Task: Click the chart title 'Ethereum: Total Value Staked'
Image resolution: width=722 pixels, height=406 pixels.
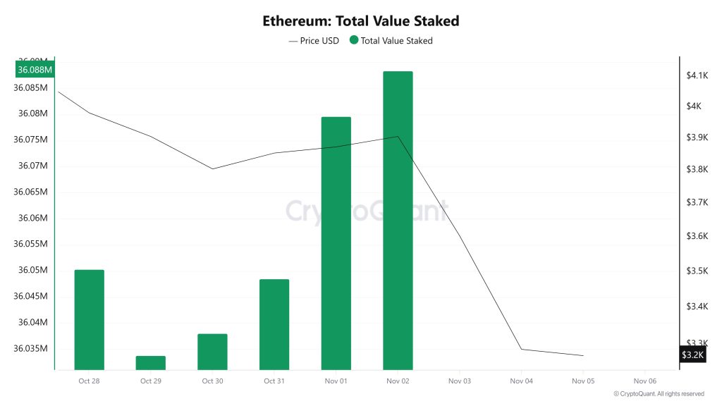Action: tap(360, 20)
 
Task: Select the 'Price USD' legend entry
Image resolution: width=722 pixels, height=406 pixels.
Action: tap(314, 41)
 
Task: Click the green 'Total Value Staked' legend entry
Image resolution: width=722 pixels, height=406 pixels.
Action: tap(391, 41)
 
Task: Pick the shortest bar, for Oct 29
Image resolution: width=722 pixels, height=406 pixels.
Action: tap(151, 362)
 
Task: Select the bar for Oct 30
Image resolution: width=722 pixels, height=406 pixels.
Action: tap(212, 351)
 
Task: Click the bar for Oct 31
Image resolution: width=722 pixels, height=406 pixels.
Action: tap(274, 324)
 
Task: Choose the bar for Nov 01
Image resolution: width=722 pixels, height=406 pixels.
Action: tap(336, 243)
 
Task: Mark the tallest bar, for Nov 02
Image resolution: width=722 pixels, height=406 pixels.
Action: tap(398, 220)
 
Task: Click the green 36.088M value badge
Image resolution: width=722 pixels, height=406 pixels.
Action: tap(35, 70)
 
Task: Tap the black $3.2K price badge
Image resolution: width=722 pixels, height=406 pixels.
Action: tap(692, 355)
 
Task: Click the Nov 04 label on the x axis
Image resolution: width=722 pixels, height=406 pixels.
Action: tap(521, 381)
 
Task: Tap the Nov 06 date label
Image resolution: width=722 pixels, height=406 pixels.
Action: tap(644, 381)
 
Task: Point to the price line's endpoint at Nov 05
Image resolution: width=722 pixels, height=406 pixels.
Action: tap(583, 355)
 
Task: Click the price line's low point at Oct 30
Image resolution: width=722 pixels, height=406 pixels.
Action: tap(212, 168)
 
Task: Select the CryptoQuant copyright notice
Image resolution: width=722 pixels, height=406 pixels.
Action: tap(659, 393)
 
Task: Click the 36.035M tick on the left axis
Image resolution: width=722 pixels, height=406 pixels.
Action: tap(30, 348)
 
